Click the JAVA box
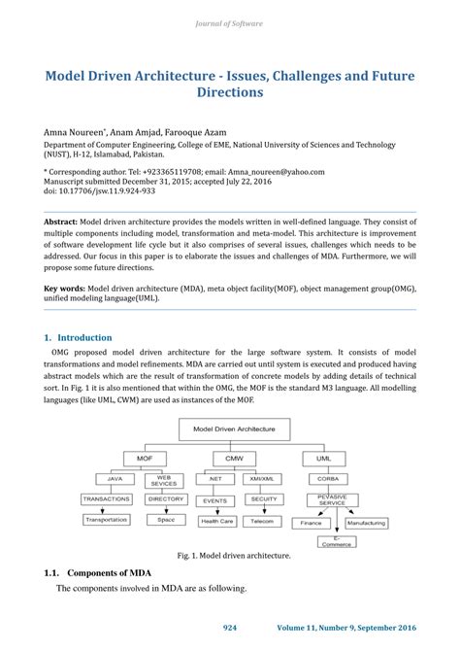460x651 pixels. [x=114, y=479]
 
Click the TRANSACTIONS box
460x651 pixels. [x=107, y=499]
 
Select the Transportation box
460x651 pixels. [x=107, y=520]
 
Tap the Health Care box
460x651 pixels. [x=216, y=521]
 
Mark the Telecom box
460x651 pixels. [x=263, y=521]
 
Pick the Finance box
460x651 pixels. [x=310, y=522]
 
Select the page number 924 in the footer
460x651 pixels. [x=230, y=628]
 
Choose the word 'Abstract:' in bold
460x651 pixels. [x=60, y=221]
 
